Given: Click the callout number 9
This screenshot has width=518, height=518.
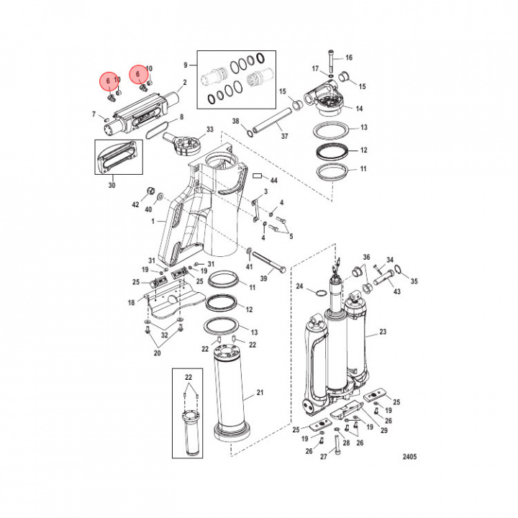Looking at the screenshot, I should pos(185,64).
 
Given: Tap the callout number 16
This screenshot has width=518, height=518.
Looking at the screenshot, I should pos(349,57).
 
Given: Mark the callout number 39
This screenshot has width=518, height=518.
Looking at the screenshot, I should pos(263,278).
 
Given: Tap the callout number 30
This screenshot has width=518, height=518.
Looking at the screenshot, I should pos(112,186).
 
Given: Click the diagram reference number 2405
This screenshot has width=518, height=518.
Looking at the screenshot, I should pos(409,456).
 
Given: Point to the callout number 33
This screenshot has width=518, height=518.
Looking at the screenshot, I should pos(210,129).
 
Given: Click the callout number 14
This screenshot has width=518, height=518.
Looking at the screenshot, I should pos(358,109).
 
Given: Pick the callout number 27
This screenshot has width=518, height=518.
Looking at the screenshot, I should pos(323,457).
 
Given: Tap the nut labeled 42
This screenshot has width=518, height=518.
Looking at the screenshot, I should pos(152,190).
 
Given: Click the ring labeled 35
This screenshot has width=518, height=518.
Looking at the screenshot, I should pos(401,271).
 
